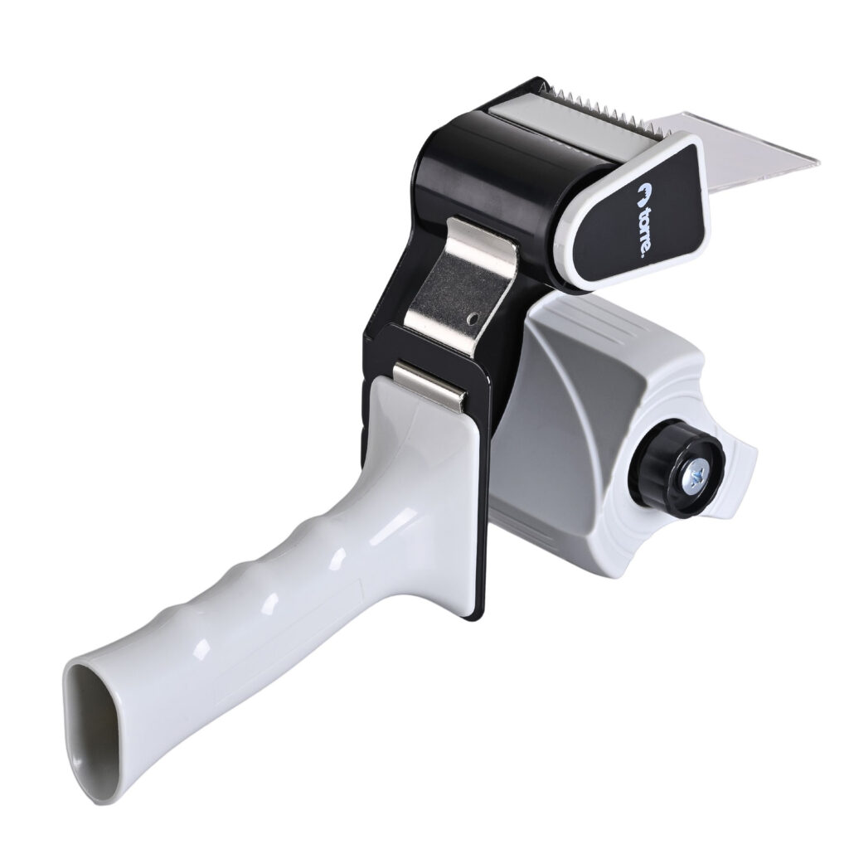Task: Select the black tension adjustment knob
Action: [677, 469]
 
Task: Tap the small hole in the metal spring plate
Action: [473, 318]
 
